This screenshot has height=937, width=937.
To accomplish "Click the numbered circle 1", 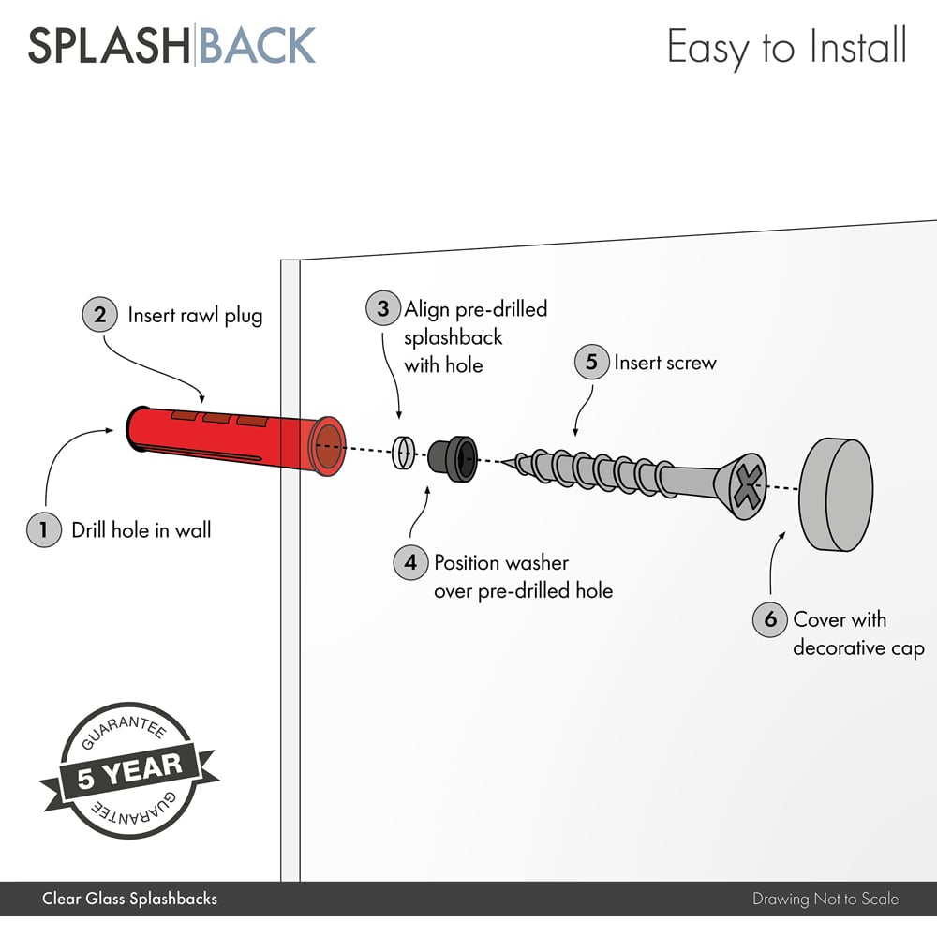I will click(43, 530).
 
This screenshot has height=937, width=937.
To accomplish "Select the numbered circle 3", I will click(382, 309).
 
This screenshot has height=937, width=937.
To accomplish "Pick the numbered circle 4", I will click(410, 563).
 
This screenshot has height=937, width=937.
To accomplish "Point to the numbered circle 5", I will click(591, 363).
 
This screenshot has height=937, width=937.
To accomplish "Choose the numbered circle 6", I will click(770, 619).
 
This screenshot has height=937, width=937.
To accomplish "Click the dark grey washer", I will click(453, 458).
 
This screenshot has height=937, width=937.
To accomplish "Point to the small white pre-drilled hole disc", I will click(402, 452).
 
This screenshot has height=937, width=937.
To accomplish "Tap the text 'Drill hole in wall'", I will click(141, 530).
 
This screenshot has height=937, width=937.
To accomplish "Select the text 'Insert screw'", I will click(664, 363).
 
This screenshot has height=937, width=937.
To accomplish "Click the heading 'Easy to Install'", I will click(786, 45).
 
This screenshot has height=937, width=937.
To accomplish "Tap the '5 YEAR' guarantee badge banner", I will click(129, 770).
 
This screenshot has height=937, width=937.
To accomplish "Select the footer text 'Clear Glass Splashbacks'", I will click(129, 899).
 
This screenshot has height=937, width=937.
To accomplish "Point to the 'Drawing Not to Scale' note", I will click(825, 899).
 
